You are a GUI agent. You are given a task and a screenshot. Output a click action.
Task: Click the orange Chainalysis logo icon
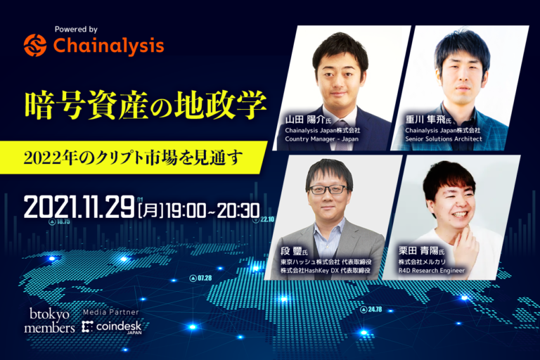point(34,46)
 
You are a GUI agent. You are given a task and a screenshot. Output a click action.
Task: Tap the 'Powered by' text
point(76,30)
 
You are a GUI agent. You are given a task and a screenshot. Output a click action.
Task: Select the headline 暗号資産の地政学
point(146,105)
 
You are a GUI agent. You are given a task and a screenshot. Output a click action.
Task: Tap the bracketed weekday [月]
point(151,209)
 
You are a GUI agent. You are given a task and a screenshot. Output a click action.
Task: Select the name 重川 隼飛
point(428,120)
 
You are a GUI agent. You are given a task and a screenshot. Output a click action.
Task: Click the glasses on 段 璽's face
point(328,189)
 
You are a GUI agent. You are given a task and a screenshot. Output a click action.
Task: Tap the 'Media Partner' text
point(110,311)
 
